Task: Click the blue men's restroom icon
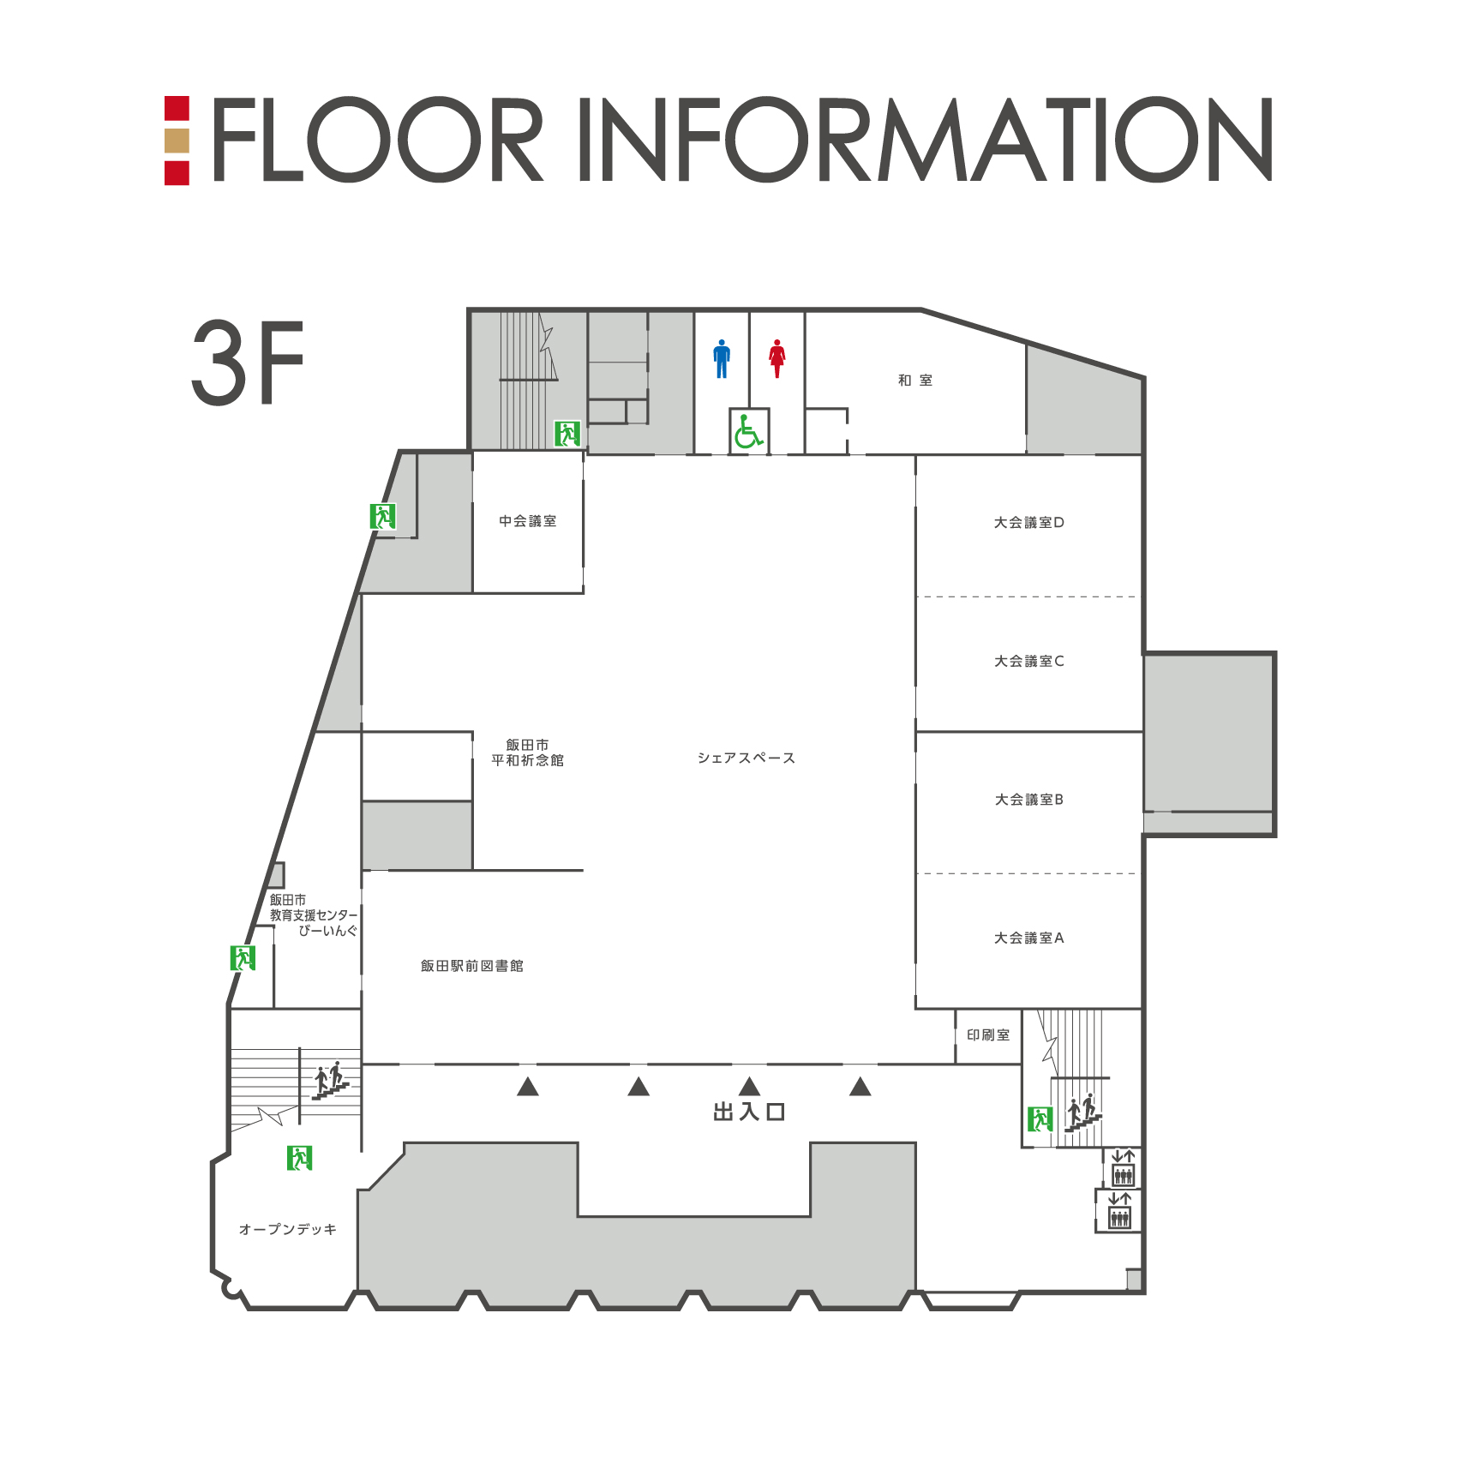coord(722,358)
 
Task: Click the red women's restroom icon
coord(777,358)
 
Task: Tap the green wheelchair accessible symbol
coord(748,430)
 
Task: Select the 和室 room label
coord(915,381)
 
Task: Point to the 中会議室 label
coord(528,521)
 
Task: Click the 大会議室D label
coord(1029,523)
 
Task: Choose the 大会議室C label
coord(1029,662)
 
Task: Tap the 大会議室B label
coord(1029,800)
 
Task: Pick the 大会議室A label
coord(1029,938)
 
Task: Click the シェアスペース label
coord(746,758)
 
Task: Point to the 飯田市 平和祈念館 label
coord(528,752)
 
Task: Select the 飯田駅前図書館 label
coord(472,966)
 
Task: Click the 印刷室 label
coord(988,1035)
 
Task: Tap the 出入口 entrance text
coord(749,1112)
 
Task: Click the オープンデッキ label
coord(288,1230)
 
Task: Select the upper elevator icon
coord(1123,1168)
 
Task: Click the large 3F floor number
coord(248,363)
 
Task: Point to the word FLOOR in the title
coord(378,139)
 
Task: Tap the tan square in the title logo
coord(177,141)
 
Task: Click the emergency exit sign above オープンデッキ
coord(300,1158)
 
